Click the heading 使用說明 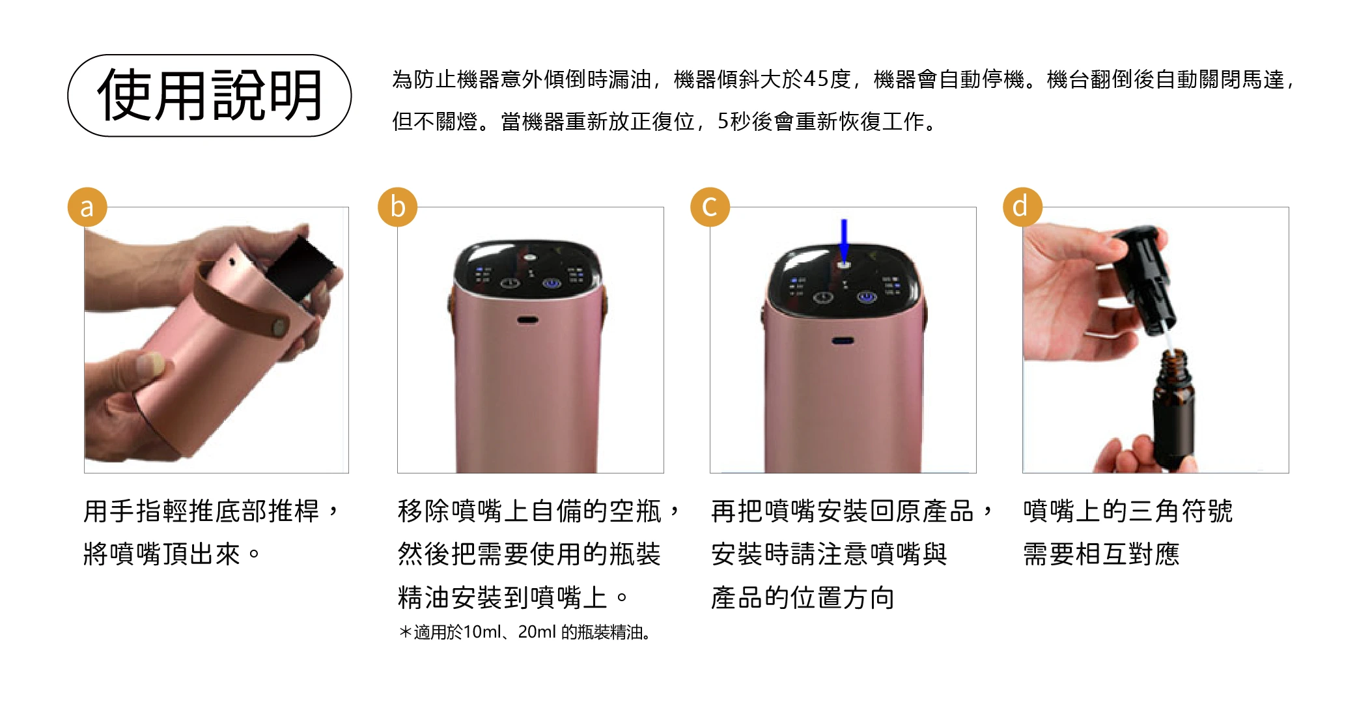coord(210,95)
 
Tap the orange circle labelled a coord(87,207)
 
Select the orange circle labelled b coord(398,207)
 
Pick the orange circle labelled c coord(710,207)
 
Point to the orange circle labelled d coord(1022,207)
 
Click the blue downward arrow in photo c coord(844,240)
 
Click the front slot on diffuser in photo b coord(527,320)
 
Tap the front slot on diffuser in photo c coord(843,341)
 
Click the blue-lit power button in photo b coord(552,284)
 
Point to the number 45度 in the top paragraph coord(827,79)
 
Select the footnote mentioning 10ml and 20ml coord(525,632)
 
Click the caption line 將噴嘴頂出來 coord(172,554)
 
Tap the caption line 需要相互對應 coord(1101,554)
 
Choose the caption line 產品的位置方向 coord(802,597)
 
